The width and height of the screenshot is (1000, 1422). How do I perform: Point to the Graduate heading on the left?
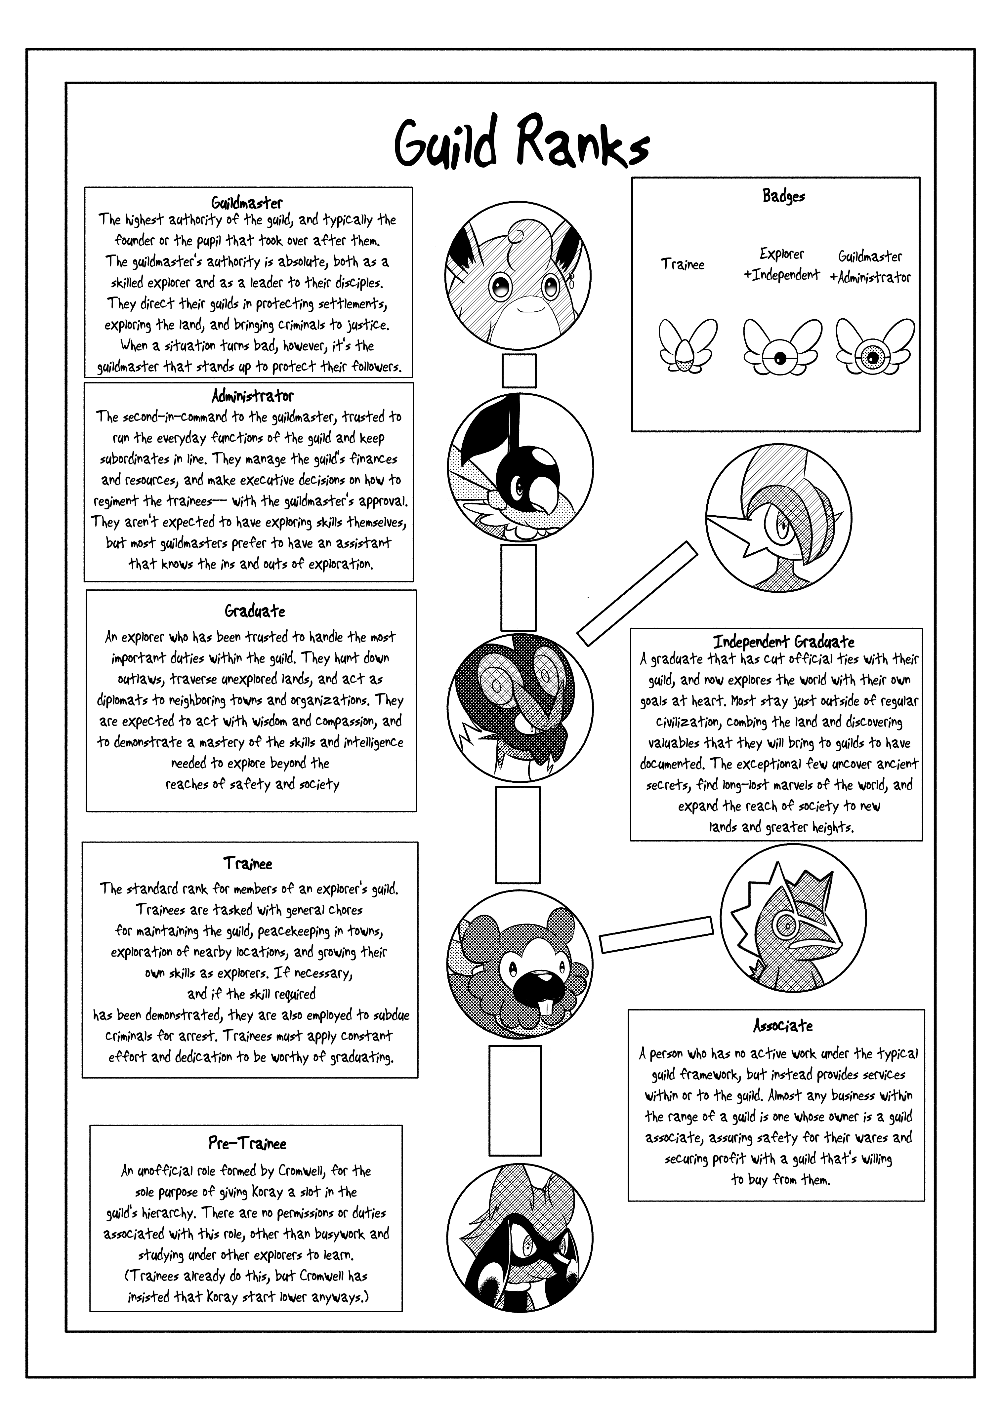point(255,611)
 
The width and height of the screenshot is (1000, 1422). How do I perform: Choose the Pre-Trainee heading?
point(247,1143)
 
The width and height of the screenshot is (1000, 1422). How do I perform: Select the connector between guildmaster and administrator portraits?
point(519,371)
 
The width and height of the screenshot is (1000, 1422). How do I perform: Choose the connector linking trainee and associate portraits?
point(656,934)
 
